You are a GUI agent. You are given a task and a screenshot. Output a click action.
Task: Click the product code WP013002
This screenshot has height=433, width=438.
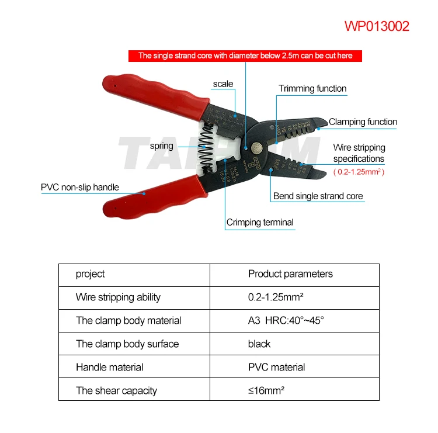click(377, 26)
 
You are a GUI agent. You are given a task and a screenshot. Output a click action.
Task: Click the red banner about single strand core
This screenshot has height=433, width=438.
click(245, 56)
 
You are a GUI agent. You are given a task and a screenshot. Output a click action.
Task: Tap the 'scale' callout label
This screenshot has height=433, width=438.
click(223, 84)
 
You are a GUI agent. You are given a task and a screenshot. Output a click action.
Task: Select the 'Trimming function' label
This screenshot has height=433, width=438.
click(312, 89)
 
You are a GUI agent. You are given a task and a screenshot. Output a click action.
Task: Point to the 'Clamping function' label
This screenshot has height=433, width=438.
click(363, 122)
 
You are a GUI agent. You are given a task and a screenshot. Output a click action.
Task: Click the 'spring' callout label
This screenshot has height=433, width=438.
click(161, 146)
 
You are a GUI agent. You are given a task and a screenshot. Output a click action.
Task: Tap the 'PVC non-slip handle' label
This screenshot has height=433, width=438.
click(80, 188)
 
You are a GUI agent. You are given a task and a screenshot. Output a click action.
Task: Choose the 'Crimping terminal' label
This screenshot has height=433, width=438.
click(260, 222)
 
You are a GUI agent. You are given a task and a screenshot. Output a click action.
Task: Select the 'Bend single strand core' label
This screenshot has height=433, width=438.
click(318, 196)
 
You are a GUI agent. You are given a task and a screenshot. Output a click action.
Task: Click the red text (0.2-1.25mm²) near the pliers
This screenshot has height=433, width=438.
click(359, 172)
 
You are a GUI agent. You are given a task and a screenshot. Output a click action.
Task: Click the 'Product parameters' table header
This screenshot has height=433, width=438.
click(290, 274)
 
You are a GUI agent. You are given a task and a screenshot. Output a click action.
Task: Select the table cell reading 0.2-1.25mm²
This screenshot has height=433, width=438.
click(276, 297)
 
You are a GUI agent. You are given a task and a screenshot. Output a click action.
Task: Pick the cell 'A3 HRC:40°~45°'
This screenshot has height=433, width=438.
click(286, 321)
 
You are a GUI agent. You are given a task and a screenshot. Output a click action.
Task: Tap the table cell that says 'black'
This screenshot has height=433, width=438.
click(259, 344)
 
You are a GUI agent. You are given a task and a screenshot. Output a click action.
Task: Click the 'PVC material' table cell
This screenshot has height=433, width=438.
click(276, 368)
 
